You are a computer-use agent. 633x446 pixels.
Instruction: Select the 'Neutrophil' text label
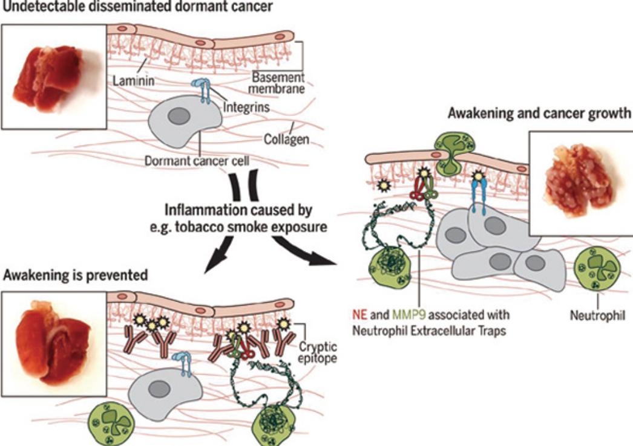click(x=597, y=314)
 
